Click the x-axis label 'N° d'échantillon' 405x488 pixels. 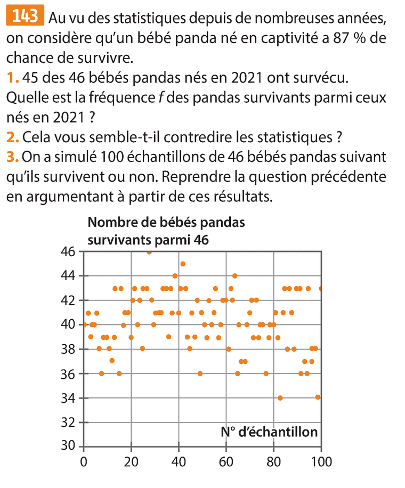(x=269, y=432)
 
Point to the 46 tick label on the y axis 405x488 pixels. (x=70, y=251)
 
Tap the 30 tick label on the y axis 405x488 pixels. (x=70, y=446)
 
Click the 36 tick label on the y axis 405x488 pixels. (x=70, y=373)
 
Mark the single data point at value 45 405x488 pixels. (x=183, y=264)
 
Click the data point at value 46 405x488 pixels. (x=149, y=252)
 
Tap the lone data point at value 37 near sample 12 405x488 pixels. (x=112, y=361)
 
